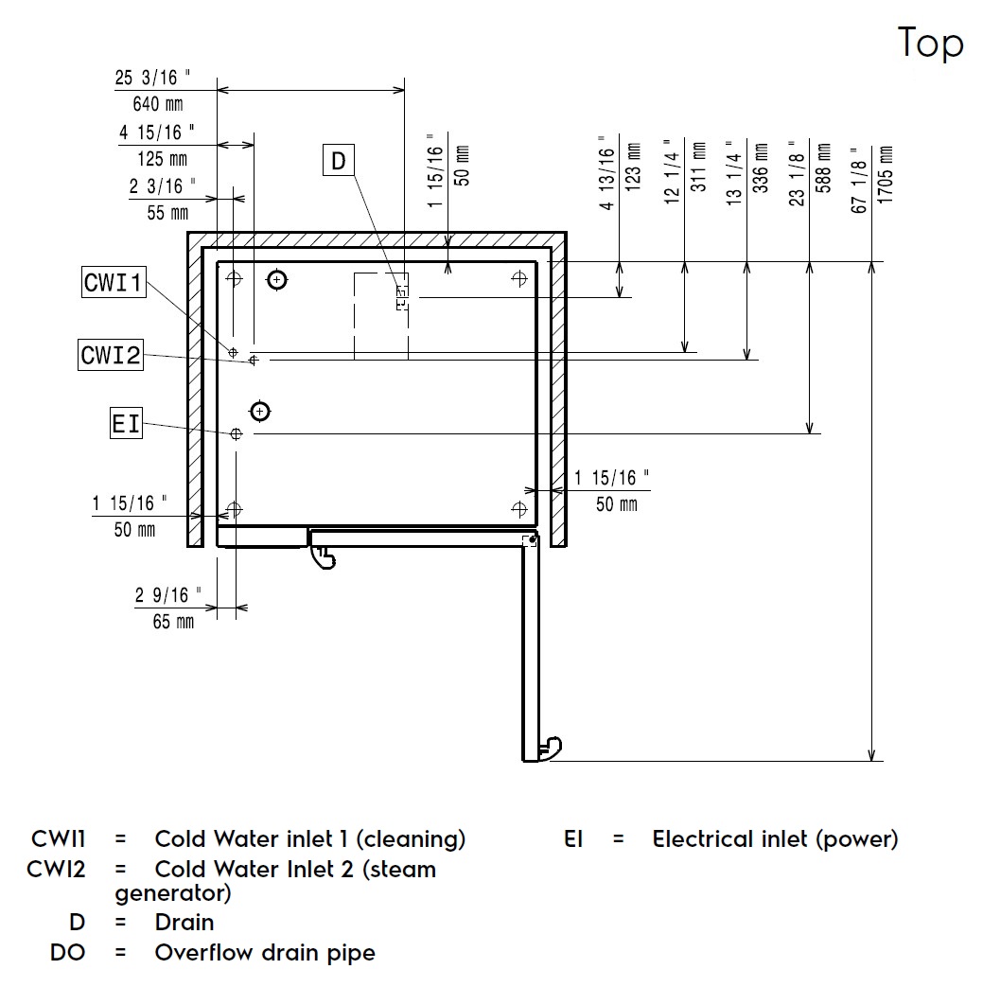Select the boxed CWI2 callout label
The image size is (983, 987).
111,355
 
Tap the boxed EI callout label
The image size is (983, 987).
126,424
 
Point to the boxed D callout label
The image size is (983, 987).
338,162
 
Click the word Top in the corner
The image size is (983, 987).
930,44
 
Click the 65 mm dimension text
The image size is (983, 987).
173,622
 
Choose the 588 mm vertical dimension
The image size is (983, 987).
823,174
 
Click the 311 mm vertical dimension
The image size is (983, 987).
698,167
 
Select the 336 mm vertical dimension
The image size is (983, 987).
760,167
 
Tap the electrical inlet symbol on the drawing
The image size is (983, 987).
237,433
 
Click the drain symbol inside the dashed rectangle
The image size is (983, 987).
401,297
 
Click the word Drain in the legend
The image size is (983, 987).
184,922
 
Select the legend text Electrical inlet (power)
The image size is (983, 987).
775,838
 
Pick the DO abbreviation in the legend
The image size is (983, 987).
67,952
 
